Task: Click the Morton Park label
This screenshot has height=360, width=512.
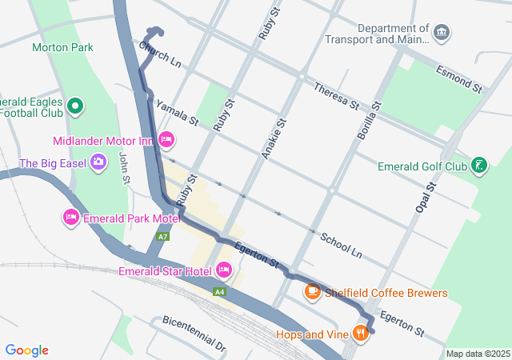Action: tap(62, 47)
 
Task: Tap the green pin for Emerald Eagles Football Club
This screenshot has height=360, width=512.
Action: tap(75, 105)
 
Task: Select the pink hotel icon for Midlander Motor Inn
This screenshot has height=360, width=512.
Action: tap(166, 140)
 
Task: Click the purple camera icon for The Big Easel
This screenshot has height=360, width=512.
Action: tap(98, 162)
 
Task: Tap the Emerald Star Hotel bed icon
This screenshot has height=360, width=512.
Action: tap(224, 270)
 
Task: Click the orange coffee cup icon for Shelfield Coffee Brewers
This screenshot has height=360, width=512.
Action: tap(313, 292)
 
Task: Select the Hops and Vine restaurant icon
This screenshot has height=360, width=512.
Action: tap(361, 333)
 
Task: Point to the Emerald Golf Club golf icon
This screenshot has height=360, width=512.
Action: tap(478, 166)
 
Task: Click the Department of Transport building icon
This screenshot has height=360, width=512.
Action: tap(442, 32)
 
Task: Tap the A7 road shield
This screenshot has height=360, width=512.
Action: tap(163, 237)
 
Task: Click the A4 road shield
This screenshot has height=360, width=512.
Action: tap(219, 292)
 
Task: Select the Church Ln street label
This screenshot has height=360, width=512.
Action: tap(160, 54)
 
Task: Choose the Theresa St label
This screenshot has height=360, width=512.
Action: tap(336, 96)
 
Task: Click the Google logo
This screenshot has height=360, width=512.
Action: tap(27, 350)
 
